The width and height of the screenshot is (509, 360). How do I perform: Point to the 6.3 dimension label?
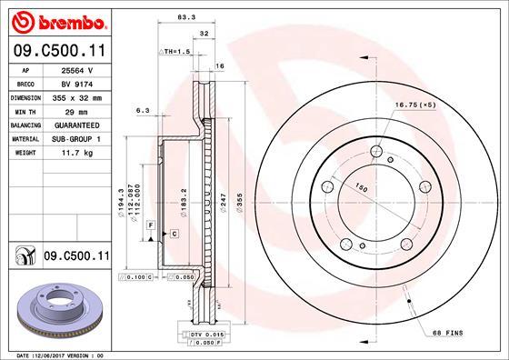click(x=142, y=110)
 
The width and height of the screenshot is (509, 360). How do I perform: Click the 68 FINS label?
click(x=446, y=333)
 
